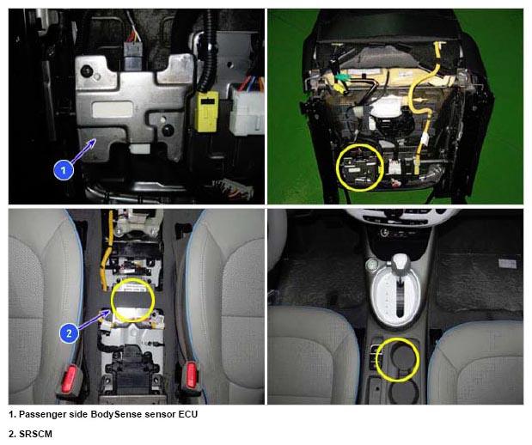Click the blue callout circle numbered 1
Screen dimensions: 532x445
click(64, 170)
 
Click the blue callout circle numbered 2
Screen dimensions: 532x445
click(69, 333)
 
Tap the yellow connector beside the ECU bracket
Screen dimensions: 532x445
click(206, 111)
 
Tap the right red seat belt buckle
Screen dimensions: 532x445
click(192, 375)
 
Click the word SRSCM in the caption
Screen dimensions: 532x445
click(35, 434)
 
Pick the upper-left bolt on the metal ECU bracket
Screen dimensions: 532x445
click(86, 71)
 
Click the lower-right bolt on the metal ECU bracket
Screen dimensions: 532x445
click(168, 130)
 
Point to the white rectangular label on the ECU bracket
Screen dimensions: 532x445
click(113, 109)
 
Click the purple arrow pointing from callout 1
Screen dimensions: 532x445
click(83, 151)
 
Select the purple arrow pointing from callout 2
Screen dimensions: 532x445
click(94, 320)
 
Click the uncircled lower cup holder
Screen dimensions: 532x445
click(404, 393)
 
